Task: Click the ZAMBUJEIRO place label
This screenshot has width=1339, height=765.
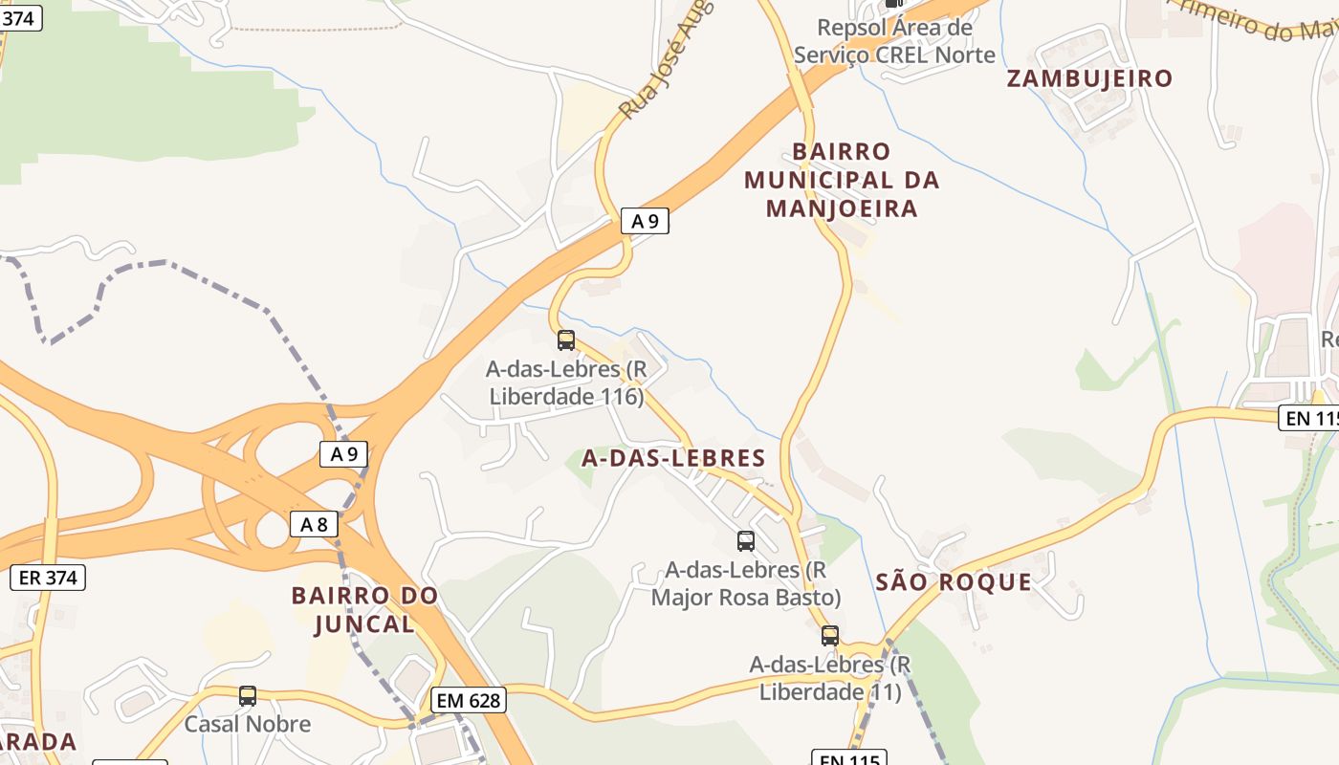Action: click(x=1089, y=78)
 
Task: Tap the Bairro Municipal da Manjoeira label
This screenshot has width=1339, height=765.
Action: click(x=842, y=180)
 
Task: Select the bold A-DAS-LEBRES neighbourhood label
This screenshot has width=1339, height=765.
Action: click(x=674, y=458)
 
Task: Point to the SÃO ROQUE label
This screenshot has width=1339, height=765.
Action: click(x=954, y=581)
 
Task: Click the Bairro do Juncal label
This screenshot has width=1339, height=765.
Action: click(x=364, y=609)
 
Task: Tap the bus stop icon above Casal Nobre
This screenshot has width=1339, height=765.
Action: click(x=248, y=696)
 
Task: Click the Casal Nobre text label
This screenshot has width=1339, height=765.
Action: click(x=248, y=724)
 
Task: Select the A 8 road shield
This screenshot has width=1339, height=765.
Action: click(x=314, y=524)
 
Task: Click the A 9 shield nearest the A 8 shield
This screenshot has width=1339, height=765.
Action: click(x=343, y=454)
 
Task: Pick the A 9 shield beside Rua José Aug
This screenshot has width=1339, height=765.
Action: click(x=645, y=221)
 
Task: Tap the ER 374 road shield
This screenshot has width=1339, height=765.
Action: click(x=48, y=578)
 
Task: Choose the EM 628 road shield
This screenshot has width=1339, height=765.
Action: click(x=468, y=700)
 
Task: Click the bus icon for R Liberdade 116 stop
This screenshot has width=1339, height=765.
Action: click(x=566, y=339)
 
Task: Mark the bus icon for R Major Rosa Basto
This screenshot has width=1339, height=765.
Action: click(x=746, y=541)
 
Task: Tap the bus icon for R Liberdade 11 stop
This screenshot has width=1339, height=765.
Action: click(x=830, y=636)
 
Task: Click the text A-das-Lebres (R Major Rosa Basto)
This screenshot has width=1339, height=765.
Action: click(x=746, y=583)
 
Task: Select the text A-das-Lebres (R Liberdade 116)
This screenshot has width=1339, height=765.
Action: click(x=566, y=382)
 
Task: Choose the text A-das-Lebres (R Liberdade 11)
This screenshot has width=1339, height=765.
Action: click(x=830, y=677)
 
